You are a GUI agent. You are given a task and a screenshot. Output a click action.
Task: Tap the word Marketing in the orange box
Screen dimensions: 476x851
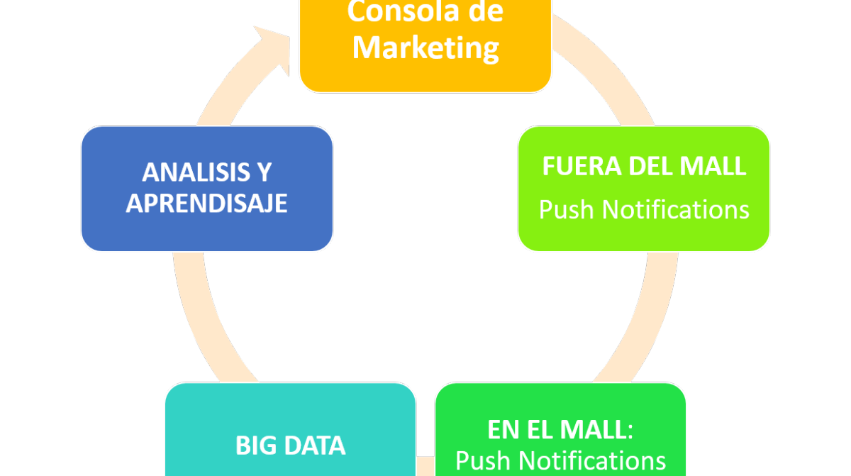pyautogui.click(x=425, y=48)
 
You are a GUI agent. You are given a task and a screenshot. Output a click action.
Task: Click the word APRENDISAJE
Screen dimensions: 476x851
pyautogui.click(x=206, y=204)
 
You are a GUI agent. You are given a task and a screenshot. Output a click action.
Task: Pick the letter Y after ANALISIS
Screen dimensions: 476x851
pyautogui.click(x=265, y=172)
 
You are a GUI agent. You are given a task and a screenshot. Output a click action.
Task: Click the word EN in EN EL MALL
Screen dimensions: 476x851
pyautogui.click(x=501, y=430)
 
